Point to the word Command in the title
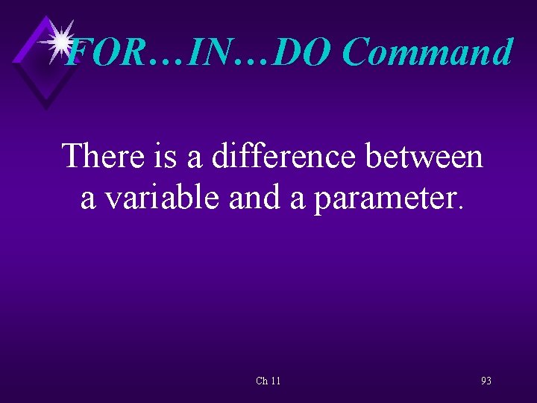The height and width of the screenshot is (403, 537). [x=428, y=53]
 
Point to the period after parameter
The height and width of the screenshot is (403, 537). [x=459, y=207]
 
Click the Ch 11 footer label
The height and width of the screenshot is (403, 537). [x=268, y=381]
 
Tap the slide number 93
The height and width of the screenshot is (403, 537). [x=486, y=381]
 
